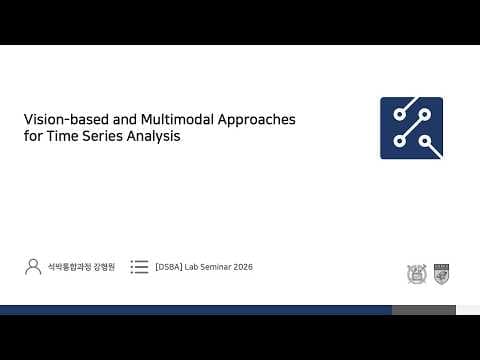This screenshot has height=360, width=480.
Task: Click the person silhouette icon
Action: (x=33, y=267)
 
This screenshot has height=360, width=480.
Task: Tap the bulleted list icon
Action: (x=139, y=267)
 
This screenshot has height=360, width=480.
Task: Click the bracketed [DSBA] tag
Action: (x=170, y=268)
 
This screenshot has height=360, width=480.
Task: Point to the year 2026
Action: (x=242, y=268)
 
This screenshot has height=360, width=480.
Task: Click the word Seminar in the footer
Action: (x=214, y=268)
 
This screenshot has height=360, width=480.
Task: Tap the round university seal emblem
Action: (x=416, y=273)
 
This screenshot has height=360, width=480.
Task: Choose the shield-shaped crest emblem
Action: (x=441, y=273)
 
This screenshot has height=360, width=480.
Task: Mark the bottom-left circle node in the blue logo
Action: (x=399, y=141)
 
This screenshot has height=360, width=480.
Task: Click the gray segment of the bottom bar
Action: (x=423, y=310)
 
